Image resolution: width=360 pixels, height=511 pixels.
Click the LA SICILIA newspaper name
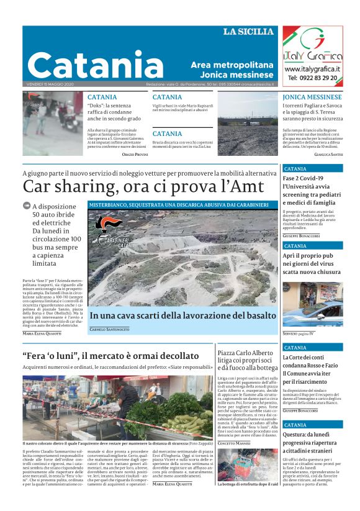tap(248, 32)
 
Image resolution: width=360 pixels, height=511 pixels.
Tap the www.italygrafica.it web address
tap(312, 69)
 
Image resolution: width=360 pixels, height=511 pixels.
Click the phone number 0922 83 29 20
tap(312, 78)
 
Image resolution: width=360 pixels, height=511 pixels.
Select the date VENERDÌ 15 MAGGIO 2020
tap(50, 84)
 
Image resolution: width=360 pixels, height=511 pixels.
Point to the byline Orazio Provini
tap(135, 153)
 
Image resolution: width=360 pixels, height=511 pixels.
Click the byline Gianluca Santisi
tap(328, 153)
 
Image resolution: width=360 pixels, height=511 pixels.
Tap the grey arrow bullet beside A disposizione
tap(27, 206)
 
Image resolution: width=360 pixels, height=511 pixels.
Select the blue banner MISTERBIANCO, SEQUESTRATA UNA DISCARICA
tap(178, 204)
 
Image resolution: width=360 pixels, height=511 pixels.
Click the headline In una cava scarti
tap(182, 315)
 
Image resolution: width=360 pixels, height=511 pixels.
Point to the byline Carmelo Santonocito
tap(109, 329)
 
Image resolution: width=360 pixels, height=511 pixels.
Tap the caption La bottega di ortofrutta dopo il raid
tap(247, 501)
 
